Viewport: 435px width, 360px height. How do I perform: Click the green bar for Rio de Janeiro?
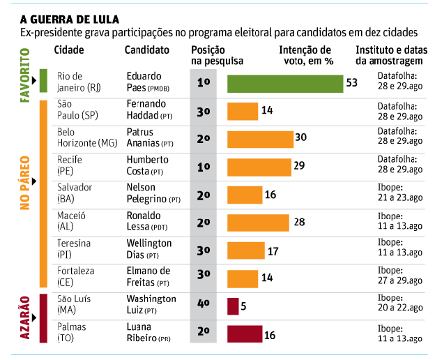pyautogui.click(x=284, y=83)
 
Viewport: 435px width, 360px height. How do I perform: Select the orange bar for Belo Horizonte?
pyautogui.click(x=260, y=139)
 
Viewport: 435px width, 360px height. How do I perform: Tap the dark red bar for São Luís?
pyautogui.click(x=233, y=306)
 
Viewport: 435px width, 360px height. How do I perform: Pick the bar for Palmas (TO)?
pyautogui.click(x=244, y=334)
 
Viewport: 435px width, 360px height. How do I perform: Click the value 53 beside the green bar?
pyautogui.click(x=351, y=83)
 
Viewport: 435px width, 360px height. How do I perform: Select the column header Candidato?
pyautogui.click(x=146, y=50)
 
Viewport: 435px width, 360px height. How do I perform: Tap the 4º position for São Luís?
pyautogui.click(x=204, y=306)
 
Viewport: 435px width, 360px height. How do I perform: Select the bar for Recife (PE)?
pyautogui.click(x=259, y=167)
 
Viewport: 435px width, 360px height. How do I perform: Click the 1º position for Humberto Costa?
pyautogui.click(x=204, y=167)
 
